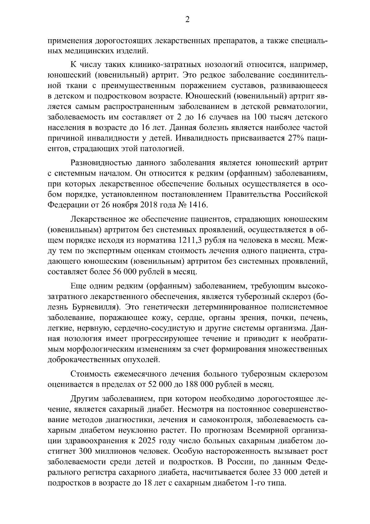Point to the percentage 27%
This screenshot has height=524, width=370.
click(296, 138)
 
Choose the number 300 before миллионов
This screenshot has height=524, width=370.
click(89, 451)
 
